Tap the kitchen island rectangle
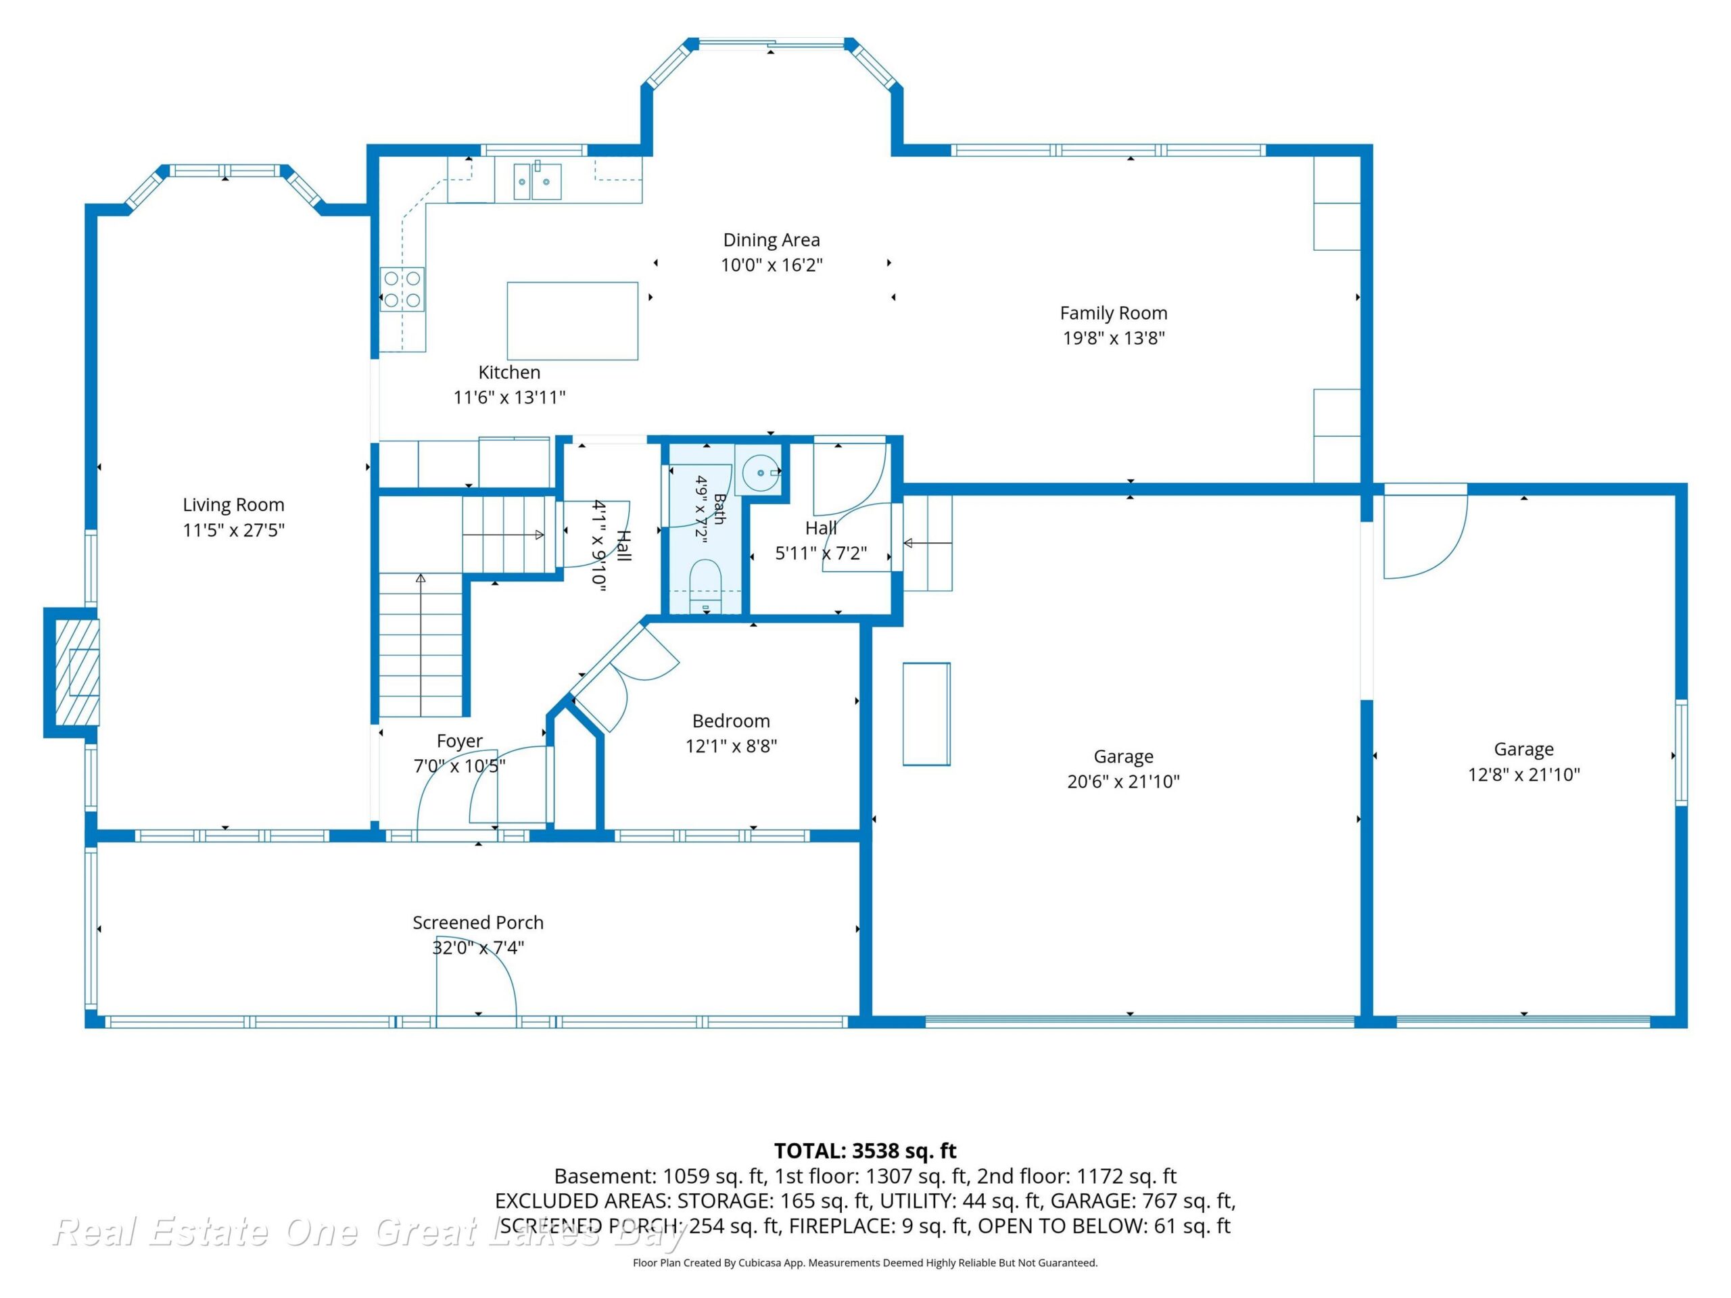[x=573, y=321]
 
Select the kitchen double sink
[x=537, y=181]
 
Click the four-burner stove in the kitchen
[x=402, y=289]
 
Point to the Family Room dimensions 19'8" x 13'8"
[x=1114, y=338]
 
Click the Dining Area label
[x=772, y=240]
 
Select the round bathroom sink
[x=760, y=473]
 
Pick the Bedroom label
[x=731, y=721]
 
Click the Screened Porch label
[x=478, y=922]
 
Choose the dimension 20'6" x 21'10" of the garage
[x=1124, y=781]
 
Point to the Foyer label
[x=459, y=741]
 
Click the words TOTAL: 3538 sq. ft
[x=865, y=1151]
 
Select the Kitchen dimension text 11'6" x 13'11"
[x=509, y=398]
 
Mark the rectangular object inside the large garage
[x=926, y=713]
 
